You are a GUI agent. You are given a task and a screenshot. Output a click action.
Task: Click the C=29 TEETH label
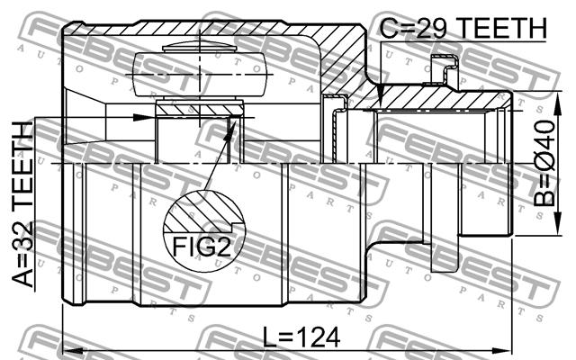463,28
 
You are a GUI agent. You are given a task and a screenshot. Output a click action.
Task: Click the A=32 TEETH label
22,204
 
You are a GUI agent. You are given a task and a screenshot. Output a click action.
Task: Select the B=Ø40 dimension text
544,164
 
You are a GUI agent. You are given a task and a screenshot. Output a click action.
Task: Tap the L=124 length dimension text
302,337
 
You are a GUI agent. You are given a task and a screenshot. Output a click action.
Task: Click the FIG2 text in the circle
202,247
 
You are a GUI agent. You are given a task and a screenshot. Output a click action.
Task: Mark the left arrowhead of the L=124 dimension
70,350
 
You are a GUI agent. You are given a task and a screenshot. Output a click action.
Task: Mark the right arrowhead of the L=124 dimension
504,350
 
